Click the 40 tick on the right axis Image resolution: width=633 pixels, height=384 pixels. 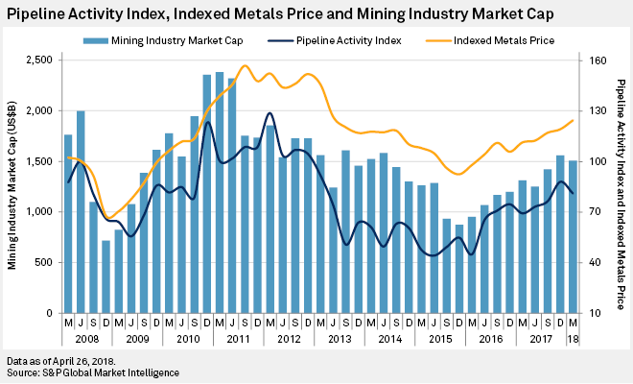pos(592,262)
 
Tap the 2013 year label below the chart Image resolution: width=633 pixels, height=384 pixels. pos(339,339)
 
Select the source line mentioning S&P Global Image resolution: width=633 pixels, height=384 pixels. pos(93,372)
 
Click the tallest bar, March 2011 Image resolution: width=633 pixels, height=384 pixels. pos(220,192)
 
